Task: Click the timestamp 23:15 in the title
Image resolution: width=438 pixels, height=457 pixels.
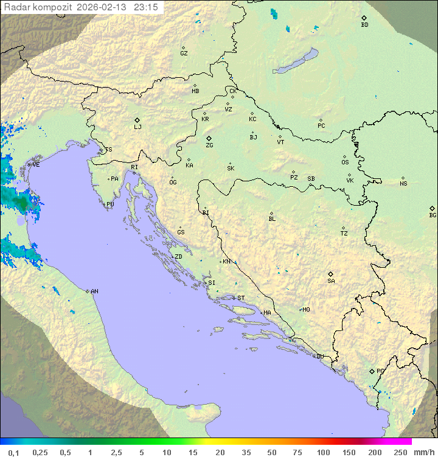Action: (x=146, y=7)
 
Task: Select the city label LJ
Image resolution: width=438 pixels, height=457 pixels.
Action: (x=137, y=127)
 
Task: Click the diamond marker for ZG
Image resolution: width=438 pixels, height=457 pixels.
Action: (x=209, y=139)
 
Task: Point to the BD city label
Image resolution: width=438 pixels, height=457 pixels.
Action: (x=364, y=25)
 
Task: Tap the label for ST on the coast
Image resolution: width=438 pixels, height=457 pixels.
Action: (x=241, y=298)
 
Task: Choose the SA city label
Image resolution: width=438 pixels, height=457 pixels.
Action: (x=331, y=281)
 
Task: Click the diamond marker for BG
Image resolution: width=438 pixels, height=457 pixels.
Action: (x=433, y=208)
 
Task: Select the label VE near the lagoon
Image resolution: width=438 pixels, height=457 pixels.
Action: (x=36, y=165)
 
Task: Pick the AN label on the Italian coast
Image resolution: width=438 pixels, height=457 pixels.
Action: (x=94, y=291)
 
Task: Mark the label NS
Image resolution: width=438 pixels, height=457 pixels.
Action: (x=403, y=184)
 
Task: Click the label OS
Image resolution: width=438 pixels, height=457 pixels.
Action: (x=345, y=162)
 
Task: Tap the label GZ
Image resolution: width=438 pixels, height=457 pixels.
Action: (x=184, y=54)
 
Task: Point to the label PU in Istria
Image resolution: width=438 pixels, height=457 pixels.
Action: (x=110, y=204)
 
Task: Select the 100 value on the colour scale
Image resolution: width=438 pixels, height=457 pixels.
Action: (x=323, y=452)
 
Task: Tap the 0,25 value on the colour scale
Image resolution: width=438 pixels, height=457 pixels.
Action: (x=40, y=452)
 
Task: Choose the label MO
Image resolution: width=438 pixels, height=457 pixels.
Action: (x=306, y=310)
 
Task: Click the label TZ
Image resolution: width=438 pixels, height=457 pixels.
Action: (x=344, y=234)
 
